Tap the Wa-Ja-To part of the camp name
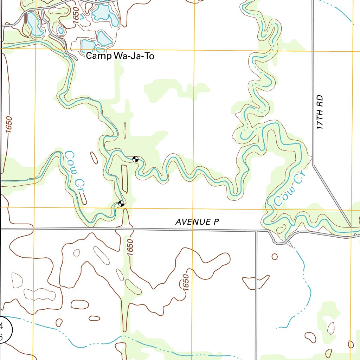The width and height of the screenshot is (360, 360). point(134,56)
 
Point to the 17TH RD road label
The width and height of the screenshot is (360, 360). point(319,112)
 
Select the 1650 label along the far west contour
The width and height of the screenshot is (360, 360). point(8,125)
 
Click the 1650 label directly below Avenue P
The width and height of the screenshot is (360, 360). point(130,247)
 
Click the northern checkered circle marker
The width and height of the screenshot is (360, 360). point(135,159)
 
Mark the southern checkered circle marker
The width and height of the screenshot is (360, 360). point(121,203)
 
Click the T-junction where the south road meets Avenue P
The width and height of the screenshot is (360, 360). point(256,231)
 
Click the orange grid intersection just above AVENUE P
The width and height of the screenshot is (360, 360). point(193,208)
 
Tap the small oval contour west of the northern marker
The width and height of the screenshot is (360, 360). point(94,158)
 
